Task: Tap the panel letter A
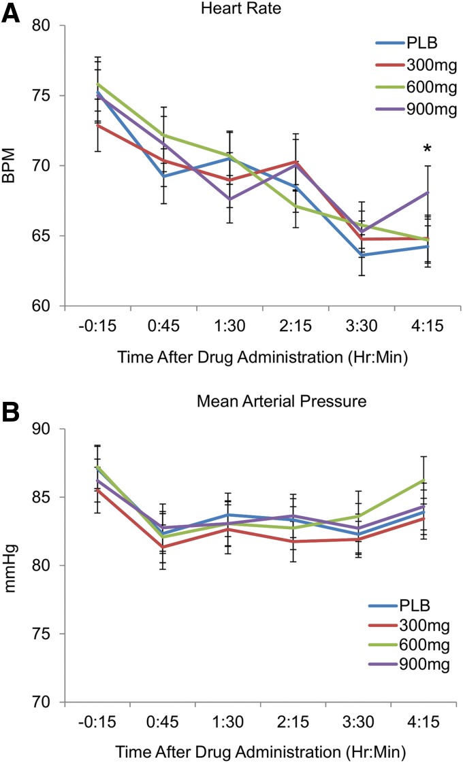[12, 13]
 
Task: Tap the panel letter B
[12, 410]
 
